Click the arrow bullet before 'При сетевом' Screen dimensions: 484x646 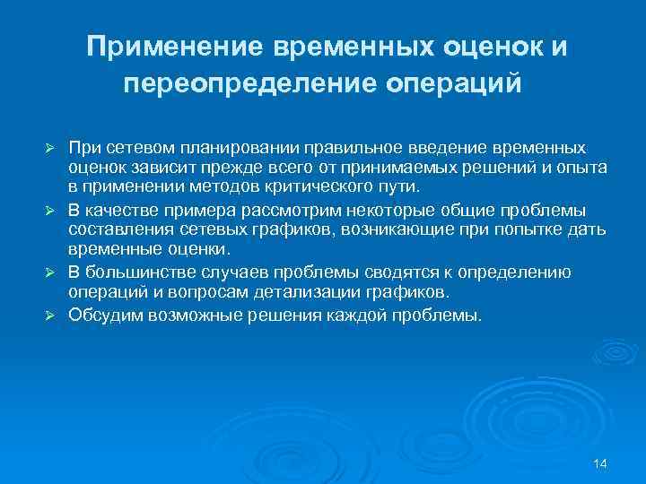click(51, 146)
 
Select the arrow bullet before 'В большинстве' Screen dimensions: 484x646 click(51, 272)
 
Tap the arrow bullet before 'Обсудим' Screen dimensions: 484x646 click(51, 315)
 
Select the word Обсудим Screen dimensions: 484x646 click(105, 315)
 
